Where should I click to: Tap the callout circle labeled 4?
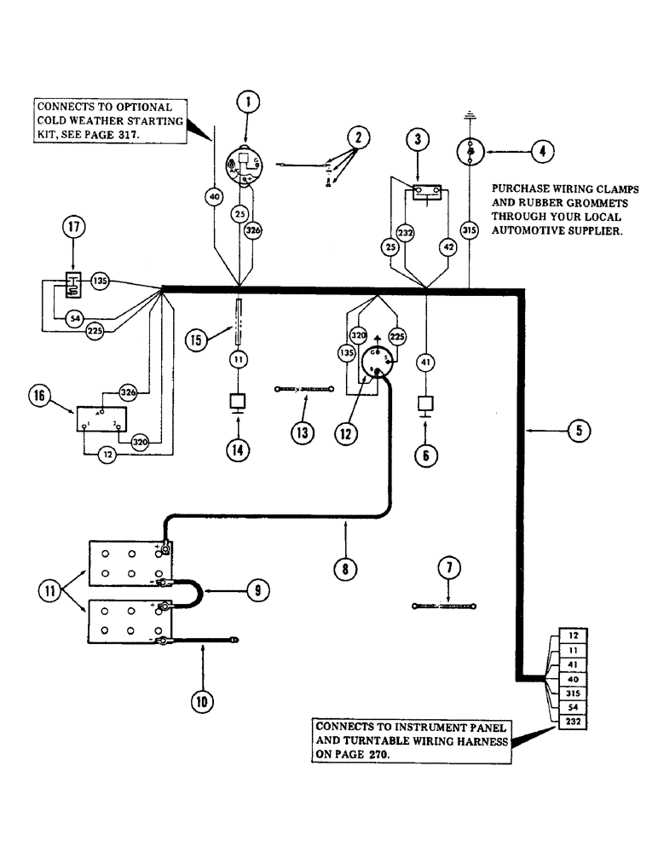click(x=541, y=151)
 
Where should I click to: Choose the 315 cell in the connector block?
click(x=572, y=695)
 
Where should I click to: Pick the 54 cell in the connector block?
click(x=572, y=709)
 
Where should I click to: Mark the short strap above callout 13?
click(x=303, y=390)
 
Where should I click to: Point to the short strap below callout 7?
click(x=444, y=606)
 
